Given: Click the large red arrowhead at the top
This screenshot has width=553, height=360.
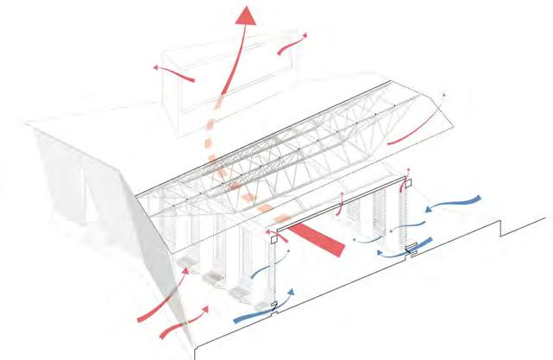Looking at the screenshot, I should point(248,16).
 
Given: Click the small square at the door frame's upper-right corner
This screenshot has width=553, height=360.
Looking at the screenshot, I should point(407,182).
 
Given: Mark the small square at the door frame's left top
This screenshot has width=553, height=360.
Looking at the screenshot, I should point(273,243).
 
